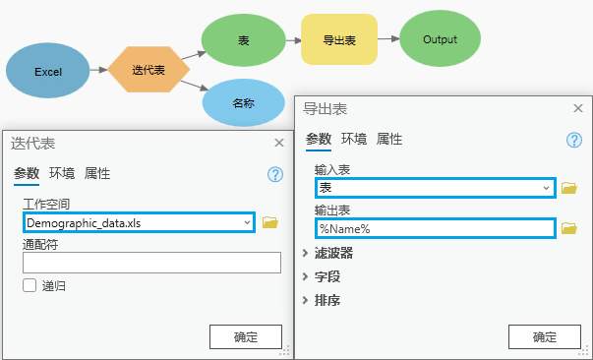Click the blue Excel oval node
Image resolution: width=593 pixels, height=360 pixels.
(47, 72)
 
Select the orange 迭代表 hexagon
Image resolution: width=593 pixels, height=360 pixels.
(148, 70)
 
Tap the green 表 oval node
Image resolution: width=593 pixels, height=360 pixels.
(243, 39)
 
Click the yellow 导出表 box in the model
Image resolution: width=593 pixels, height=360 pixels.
(338, 39)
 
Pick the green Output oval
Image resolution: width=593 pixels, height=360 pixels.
(440, 39)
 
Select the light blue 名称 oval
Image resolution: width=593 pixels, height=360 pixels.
(243, 102)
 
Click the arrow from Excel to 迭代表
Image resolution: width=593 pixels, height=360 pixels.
(97, 71)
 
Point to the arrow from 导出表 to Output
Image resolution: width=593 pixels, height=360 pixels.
(388, 39)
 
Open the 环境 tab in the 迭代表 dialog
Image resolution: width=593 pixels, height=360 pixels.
(62, 173)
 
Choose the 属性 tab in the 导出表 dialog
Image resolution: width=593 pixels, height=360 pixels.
(389, 139)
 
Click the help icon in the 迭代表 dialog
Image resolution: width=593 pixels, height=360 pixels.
(275, 174)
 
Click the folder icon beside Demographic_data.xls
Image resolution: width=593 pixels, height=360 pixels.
(270, 223)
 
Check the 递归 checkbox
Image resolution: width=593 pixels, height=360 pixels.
(30, 285)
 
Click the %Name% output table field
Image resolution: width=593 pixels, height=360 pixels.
(434, 228)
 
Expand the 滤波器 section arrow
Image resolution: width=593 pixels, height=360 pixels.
(306, 254)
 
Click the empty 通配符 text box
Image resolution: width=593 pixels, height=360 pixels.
(151, 263)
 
